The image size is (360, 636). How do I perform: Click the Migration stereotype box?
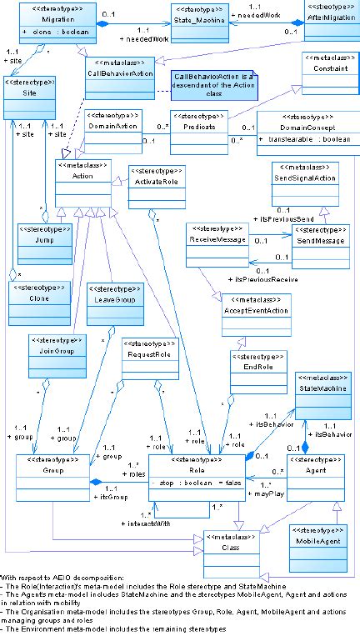tap(57, 24)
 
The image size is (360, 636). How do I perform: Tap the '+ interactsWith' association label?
tap(173, 525)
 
